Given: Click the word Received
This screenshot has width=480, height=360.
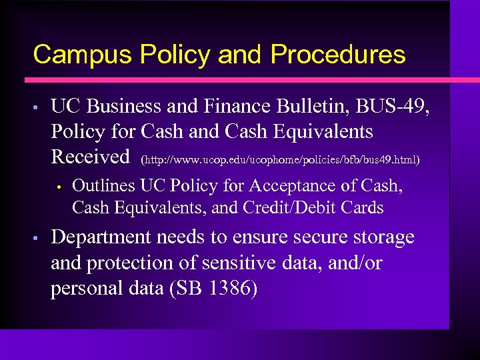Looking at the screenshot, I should click(90, 157).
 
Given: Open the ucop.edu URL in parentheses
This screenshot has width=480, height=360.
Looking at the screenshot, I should click(280, 160).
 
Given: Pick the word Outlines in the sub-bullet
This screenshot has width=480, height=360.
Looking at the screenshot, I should click(103, 185).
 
